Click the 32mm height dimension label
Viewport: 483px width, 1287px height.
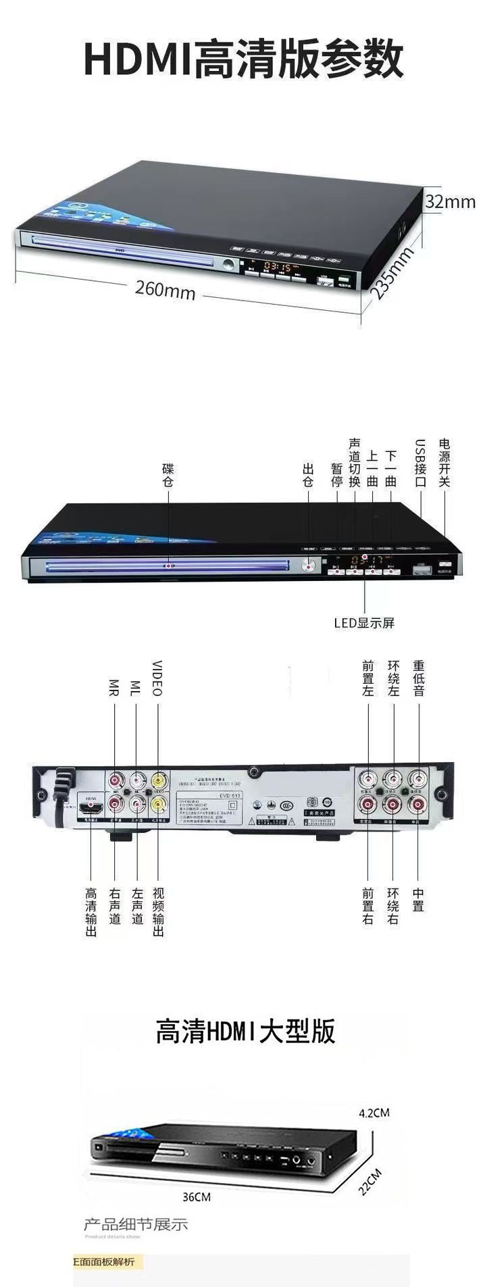pos(450,201)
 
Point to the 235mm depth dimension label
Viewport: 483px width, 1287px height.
pos(392,273)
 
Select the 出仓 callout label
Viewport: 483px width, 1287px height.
pos(309,475)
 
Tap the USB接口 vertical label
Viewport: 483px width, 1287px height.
pos(420,463)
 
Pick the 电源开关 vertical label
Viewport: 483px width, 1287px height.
pos(444,463)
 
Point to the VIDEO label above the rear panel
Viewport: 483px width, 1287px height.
pos(157,678)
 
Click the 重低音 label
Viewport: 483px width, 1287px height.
pos(418,678)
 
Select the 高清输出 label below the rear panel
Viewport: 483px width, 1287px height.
pos(91,912)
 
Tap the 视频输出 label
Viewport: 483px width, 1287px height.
pos(157,912)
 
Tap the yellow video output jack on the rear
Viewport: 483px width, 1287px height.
pos(159,803)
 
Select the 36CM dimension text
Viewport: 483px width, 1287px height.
pos(197,1196)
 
